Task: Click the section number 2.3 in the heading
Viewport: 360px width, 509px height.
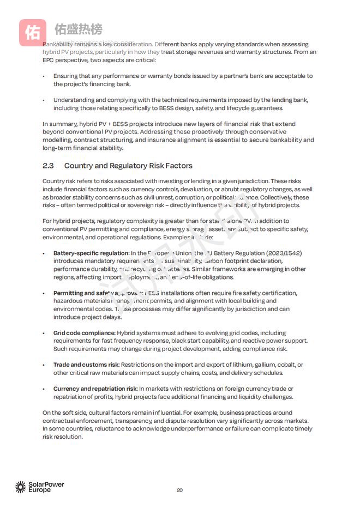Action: pyautogui.click(x=48, y=166)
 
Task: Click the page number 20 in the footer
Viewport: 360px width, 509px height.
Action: pyautogui.click(x=179, y=490)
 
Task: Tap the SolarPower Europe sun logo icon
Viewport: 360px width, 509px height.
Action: pyautogui.click(x=20, y=487)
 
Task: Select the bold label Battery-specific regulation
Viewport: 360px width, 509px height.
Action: pyautogui.click(x=91, y=253)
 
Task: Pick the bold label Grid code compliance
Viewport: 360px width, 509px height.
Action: pyautogui.click(x=84, y=333)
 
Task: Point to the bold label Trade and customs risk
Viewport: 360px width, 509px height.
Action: pyautogui.click(x=86, y=365)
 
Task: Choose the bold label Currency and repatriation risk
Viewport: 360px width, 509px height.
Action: pyautogui.click(x=95, y=389)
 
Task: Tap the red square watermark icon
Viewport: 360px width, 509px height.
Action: pyautogui.click(x=32, y=33)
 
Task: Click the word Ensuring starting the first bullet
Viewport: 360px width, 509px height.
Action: pyautogui.click(x=65, y=76)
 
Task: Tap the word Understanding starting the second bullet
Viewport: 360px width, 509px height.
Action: pyautogui.click(x=74, y=100)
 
